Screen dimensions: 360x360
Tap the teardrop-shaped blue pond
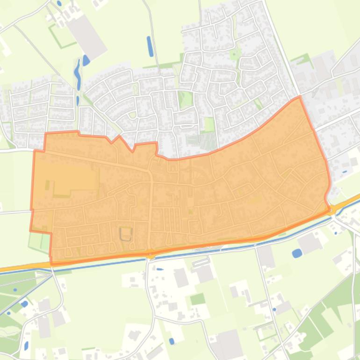86,60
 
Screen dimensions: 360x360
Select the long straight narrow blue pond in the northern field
150,46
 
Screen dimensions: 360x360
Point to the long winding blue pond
77,74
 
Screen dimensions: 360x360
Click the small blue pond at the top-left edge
59,3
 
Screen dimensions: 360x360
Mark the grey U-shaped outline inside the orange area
125,233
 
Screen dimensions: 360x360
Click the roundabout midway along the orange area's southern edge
150,255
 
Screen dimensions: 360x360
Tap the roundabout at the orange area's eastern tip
332,210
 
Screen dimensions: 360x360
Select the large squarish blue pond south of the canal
296,253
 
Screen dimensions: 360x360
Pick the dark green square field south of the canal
198,298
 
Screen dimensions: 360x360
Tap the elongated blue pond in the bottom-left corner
26,346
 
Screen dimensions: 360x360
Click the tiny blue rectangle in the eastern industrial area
345,171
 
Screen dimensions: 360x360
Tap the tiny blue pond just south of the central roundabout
160,269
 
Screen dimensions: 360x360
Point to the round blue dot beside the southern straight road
274,309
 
